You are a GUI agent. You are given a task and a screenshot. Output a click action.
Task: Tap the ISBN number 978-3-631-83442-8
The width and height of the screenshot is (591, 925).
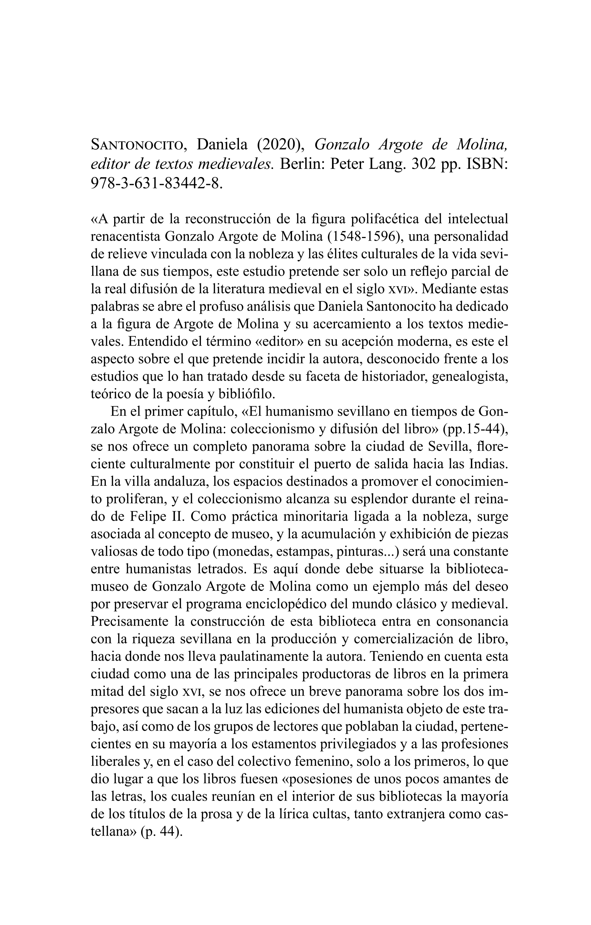[x=156, y=183]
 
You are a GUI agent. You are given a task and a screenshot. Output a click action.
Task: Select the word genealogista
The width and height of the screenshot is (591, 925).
[x=471, y=377]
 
